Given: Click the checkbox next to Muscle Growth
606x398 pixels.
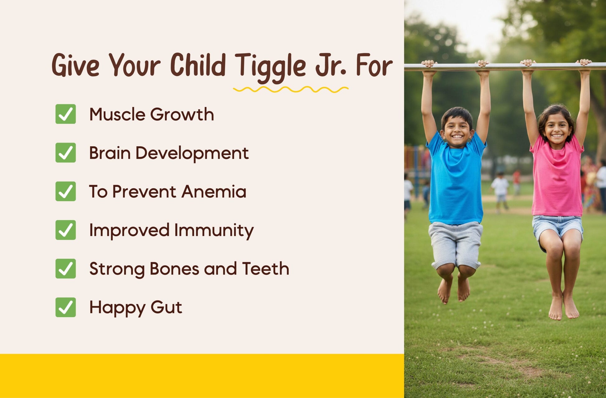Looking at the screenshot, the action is click(65, 114).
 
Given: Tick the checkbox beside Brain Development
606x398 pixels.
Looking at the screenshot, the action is click(65, 152).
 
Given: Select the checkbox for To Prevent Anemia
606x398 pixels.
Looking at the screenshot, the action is click(65, 191).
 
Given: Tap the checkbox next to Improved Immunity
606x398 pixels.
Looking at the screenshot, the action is click(65, 230).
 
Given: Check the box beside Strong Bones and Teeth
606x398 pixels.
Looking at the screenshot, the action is click(65, 268).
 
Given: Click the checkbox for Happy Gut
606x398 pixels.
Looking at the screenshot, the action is click(65, 307).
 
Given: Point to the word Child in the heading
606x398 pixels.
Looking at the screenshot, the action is click(198, 65).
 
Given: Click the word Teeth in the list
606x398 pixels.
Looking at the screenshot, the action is click(266, 269).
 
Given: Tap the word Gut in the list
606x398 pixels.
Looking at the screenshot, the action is click(166, 307).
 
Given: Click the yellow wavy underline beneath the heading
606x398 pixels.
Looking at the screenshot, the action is click(291, 90).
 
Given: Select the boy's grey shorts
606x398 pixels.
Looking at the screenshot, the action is click(456, 244).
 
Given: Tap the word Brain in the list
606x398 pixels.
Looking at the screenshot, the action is click(110, 153).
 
